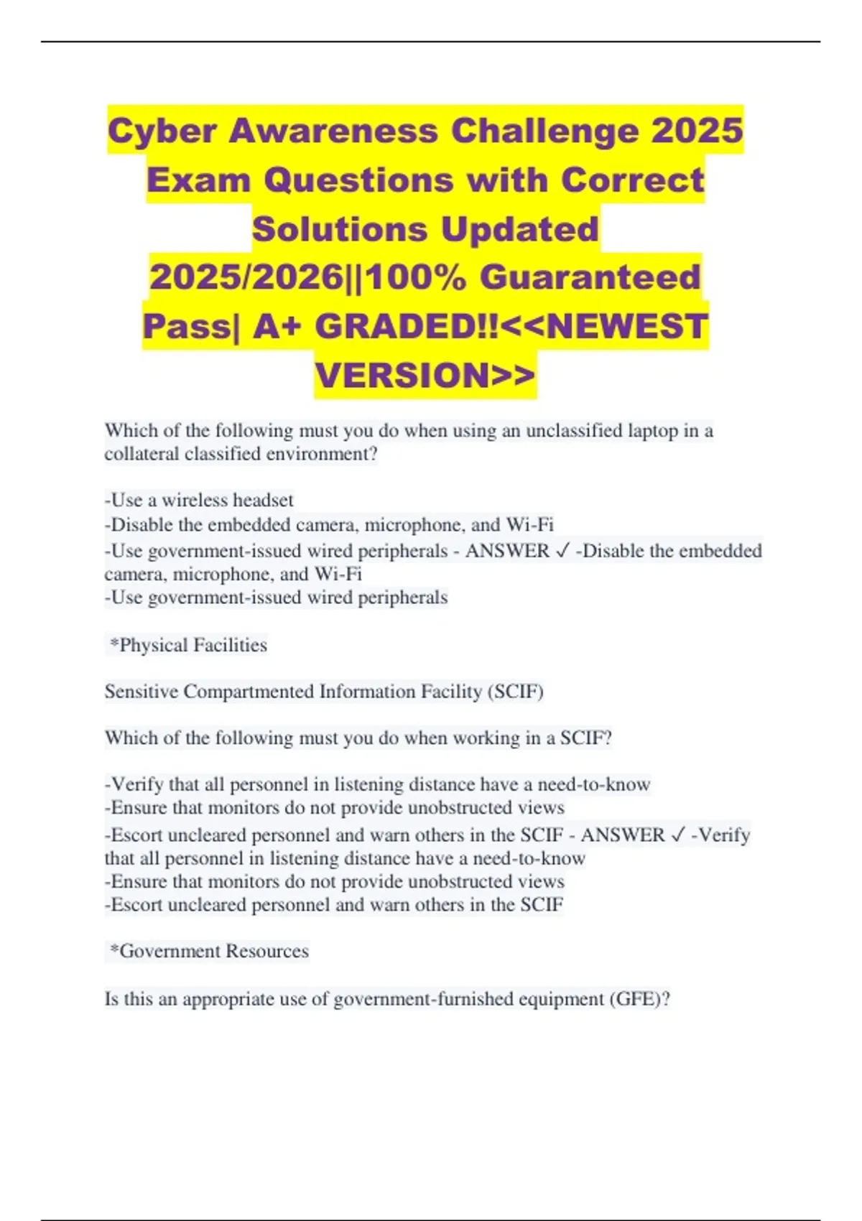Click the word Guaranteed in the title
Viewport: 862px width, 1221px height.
pos(590,278)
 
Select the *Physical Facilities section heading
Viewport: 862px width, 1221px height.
pos(187,645)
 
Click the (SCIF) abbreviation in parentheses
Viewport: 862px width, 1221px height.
pos(515,692)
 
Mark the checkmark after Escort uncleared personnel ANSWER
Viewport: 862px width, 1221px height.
pos(677,835)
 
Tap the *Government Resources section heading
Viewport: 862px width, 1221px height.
pos(208,951)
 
